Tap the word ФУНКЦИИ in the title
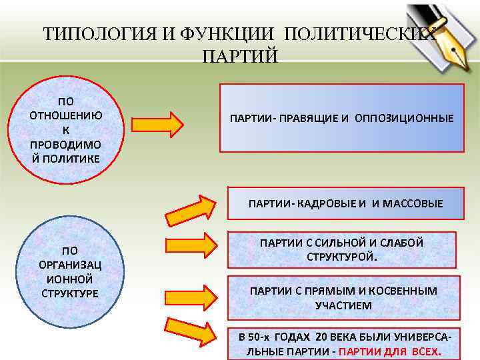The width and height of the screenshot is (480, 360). [214, 34]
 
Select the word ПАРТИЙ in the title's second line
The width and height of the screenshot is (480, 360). [239, 55]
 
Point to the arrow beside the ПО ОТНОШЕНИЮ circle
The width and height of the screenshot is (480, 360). [157, 125]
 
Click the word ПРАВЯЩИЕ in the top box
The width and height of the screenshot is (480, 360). [305, 118]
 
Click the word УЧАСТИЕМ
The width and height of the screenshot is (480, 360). [343, 305]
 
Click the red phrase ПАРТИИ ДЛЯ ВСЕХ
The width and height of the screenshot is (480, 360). [390, 351]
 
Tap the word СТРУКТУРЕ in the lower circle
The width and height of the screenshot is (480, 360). [69, 293]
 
